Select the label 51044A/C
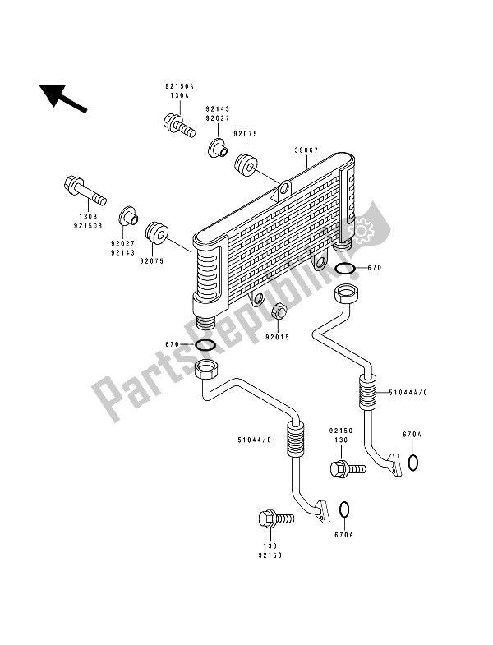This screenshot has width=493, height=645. pos(410,393)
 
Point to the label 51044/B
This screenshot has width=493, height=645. pos(255,442)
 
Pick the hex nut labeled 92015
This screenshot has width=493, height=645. pos(279,312)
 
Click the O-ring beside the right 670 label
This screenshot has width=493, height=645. pos(346,270)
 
